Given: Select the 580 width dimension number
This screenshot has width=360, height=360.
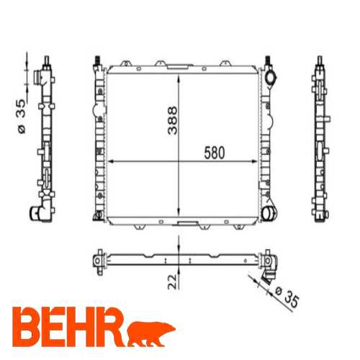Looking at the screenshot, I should tap(214, 153).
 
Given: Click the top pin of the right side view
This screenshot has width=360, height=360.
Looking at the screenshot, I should tap(319, 58).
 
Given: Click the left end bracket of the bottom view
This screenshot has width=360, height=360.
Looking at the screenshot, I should tap(97, 258).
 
